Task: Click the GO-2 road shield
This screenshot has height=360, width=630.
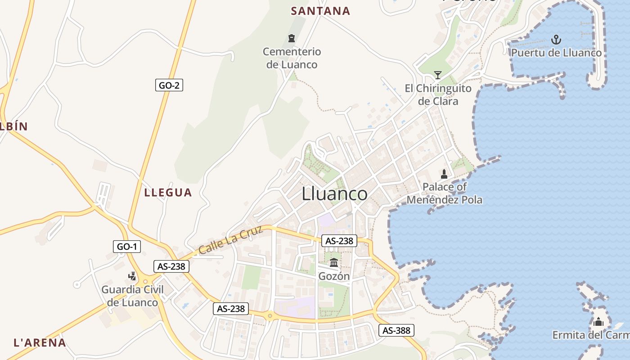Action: [x=169, y=85]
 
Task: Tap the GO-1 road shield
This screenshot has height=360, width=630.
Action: [x=127, y=247]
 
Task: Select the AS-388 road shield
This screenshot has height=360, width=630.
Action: [x=396, y=331]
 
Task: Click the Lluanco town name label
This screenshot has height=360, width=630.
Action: [x=334, y=194]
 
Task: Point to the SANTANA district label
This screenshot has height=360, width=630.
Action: [x=320, y=11]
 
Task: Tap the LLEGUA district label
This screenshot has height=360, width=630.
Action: [x=168, y=193]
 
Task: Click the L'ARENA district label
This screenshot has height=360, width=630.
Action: [x=40, y=342]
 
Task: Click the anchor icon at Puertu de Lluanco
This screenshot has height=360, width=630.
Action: [x=557, y=40]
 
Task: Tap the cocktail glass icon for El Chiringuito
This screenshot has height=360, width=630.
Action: [x=437, y=75]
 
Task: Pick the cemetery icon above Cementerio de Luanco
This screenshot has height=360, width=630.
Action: [x=292, y=38]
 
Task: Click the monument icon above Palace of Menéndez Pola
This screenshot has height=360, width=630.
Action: [x=444, y=174]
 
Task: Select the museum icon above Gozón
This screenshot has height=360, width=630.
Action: [x=334, y=262]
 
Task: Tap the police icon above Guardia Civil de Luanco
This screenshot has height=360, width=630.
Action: [x=132, y=276]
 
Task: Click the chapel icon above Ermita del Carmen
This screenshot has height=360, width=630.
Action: [x=598, y=322]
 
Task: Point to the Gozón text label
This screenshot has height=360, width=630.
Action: [x=334, y=276]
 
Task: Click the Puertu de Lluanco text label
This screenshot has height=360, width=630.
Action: [x=556, y=53]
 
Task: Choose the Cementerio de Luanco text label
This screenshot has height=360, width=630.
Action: [x=292, y=58]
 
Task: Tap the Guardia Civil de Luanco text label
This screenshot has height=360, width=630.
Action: [x=132, y=296]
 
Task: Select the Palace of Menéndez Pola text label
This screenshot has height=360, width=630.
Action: [x=445, y=193]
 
